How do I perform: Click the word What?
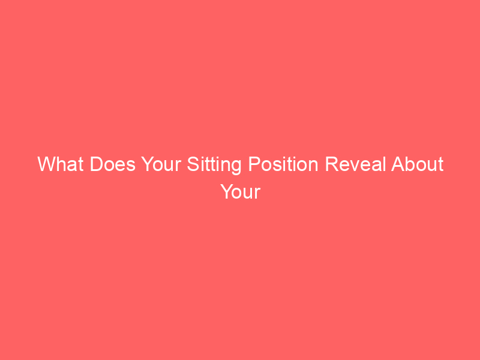click(61, 164)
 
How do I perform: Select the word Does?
click(112, 164)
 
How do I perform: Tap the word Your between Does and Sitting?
click(161, 164)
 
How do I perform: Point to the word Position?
click(283, 164)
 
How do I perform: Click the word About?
click(418, 164)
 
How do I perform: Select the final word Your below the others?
click(241, 191)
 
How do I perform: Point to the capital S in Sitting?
click(193, 164)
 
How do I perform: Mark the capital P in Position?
click(254, 164)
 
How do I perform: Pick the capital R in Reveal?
click(332, 164)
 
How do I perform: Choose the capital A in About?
click(398, 164)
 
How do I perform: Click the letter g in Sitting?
click(236, 168)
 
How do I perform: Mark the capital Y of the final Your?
click(227, 191)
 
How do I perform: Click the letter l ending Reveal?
click(383, 164)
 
